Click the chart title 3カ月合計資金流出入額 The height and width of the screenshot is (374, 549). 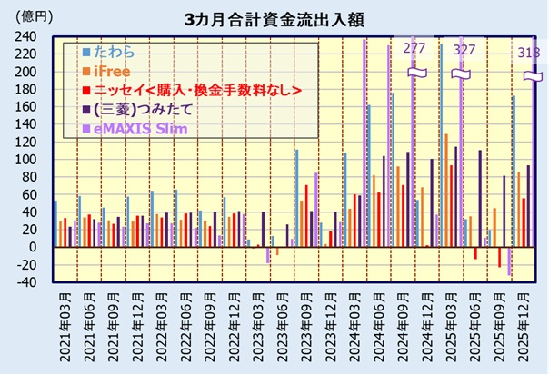pyautogui.click(x=274, y=18)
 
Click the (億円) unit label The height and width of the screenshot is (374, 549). pyautogui.click(x=29, y=16)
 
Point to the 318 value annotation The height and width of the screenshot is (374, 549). pyautogui.click(x=526, y=52)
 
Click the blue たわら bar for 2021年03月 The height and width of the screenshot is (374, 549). pyautogui.click(x=55, y=223)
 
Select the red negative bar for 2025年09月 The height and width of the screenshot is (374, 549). pyautogui.click(x=499, y=257)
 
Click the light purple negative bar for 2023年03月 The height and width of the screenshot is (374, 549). pyautogui.click(x=268, y=255)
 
